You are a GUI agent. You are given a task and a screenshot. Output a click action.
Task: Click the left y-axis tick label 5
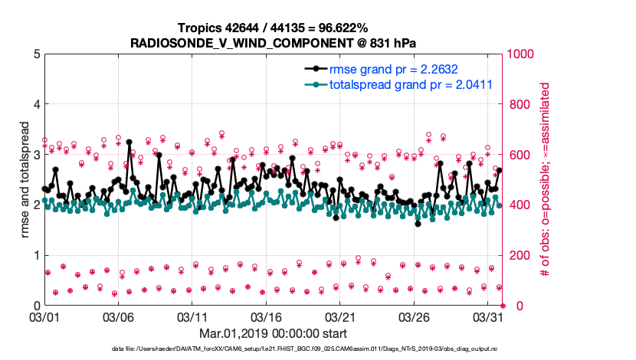[x=36, y=54]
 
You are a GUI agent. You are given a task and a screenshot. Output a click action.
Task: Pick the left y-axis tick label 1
[x=36, y=255]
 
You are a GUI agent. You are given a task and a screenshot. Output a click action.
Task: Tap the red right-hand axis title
[x=546, y=180]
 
